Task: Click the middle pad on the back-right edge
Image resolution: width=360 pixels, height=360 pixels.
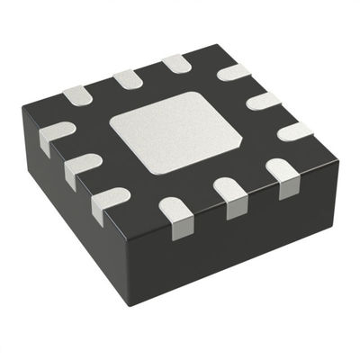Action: (x=263, y=100)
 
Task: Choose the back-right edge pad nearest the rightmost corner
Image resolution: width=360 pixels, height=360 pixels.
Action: (x=293, y=131)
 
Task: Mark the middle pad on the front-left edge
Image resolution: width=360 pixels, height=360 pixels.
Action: (x=84, y=167)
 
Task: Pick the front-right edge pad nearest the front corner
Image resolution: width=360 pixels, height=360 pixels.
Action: (x=176, y=217)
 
